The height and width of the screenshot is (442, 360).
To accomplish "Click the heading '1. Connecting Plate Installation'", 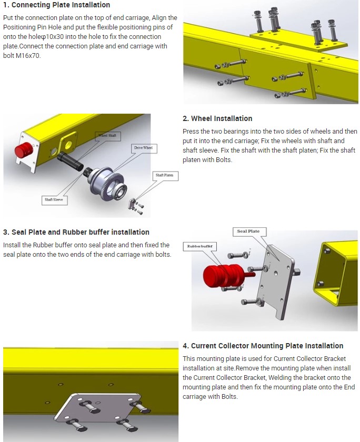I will click(x=57, y=5).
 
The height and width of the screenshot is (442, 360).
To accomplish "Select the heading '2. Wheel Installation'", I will click(x=217, y=119).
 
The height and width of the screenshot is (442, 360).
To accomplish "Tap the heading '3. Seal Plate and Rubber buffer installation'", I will click(x=76, y=232).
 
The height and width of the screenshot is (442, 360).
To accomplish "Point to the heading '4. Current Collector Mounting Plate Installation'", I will click(x=263, y=346).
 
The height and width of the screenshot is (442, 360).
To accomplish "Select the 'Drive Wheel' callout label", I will click(x=143, y=148).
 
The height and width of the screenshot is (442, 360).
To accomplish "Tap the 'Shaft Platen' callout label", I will click(x=164, y=175).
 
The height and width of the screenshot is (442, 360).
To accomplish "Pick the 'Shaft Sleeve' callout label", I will click(x=54, y=200).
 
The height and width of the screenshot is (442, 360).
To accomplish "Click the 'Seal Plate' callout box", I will click(x=249, y=232).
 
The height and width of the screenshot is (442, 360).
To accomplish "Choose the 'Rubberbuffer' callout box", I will click(x=199, y=246).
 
